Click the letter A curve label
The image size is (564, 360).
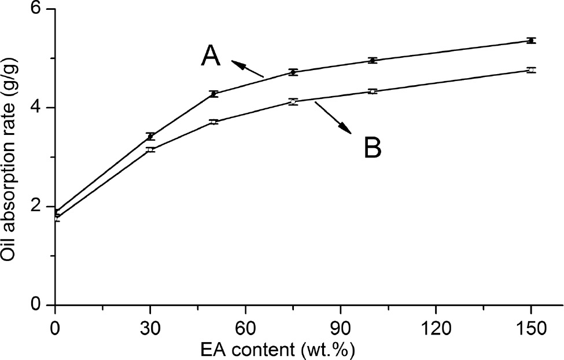[211, 57]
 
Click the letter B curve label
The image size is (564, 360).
[373, 148]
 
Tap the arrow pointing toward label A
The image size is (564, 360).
[247, 68]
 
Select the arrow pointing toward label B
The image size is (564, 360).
[333, 118]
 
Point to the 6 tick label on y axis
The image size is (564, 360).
[43, 10]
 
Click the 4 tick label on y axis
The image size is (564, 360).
[43, 108]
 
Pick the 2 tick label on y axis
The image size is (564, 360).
[43, 207]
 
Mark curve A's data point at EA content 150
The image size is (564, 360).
[531, 41]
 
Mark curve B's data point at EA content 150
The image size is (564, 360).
[531, 70]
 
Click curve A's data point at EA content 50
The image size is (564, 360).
[213, 93]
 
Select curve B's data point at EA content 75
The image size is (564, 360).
[293, 101]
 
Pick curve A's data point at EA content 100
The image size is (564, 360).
[373, 60]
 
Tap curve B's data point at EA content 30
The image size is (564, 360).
[150, 149]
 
